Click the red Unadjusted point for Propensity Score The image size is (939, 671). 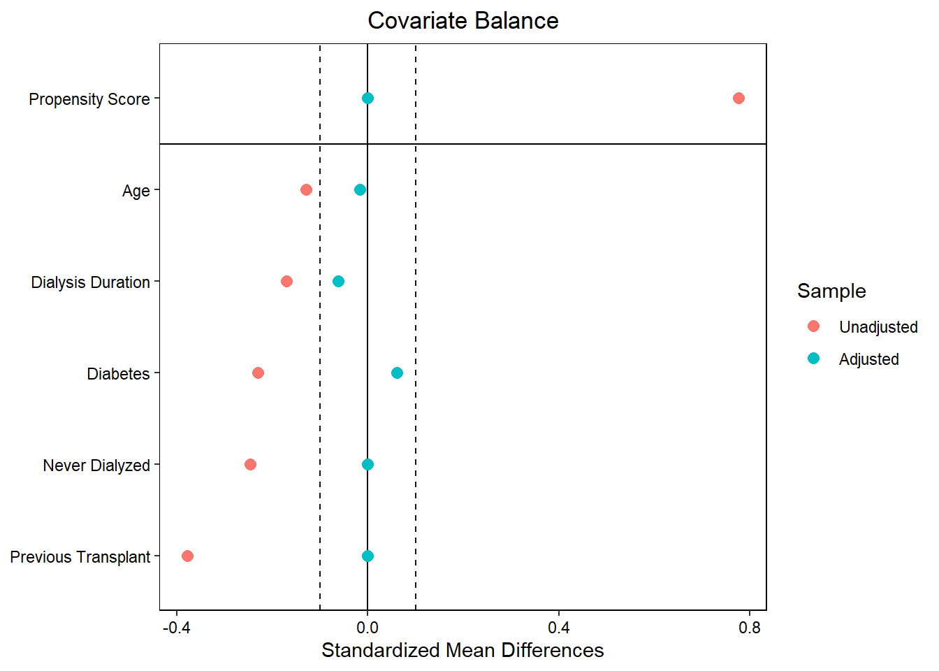click(x=738, y=99)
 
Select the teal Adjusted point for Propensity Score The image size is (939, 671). click(x=367, y=99)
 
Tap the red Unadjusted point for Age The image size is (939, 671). click(x=306, y=190)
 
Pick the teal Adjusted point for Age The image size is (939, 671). click(x=360, y=190)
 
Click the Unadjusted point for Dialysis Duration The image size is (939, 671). click(x=286, y=282)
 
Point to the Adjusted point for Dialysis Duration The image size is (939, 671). click(x=338, y=282)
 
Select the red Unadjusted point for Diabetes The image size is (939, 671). click(x=258, y=373)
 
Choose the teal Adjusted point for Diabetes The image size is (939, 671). click(x=397, y=373)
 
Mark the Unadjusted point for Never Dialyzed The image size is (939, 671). click(x=250, y=465)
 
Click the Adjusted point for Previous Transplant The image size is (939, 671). click(x=367, y=556)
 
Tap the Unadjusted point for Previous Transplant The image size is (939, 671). click(x=187, y=556)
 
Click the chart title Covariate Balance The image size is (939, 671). click(x=463, y=21)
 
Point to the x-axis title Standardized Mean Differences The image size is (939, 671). click(x=463, y=650)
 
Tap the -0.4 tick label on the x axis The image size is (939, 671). click(x=176, y=628)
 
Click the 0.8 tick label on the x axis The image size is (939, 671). click(x=750, y=628)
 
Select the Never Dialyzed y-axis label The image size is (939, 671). click(x=96, y=466)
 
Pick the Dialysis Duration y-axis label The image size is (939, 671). click(x=91, y=282)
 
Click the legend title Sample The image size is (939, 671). click(x=831, y=291)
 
